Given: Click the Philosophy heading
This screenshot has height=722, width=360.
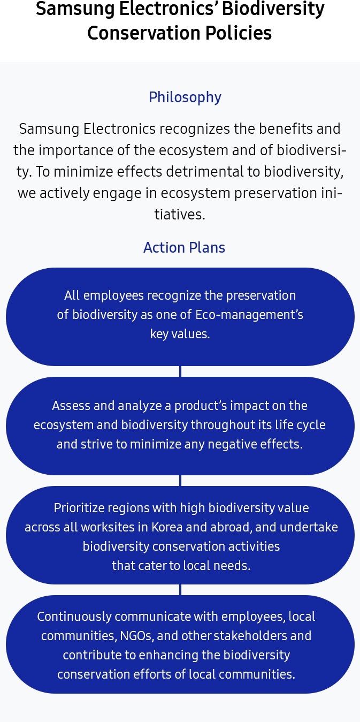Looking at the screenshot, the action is coord(185,97).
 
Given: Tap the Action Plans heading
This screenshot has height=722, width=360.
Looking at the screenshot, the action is coord(184,248).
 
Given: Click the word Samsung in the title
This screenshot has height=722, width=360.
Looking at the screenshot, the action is coord(75,9).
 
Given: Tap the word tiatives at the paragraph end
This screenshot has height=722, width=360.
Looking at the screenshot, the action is coord(180,214).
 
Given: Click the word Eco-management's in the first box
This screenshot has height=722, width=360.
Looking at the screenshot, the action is coord(249,315).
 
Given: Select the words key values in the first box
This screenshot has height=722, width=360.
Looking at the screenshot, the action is coord(180,334).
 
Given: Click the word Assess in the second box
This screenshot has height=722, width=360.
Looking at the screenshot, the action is coord(71,406).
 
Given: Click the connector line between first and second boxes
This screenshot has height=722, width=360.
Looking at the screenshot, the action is coord(180,371).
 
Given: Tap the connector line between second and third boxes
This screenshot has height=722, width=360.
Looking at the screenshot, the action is coord(180,481).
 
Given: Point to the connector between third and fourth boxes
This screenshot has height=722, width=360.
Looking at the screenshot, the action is coord(180,589).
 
